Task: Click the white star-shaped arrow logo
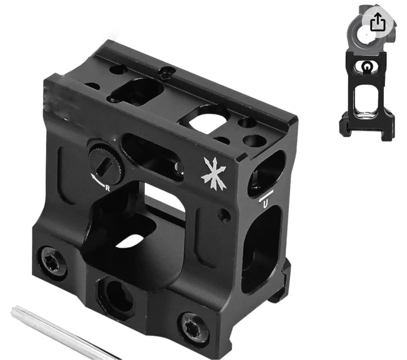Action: pyautogui.click(x=213, y=173)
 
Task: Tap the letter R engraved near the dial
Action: pyautogui.click(x=107, y=188)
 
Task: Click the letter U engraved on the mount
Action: pyautogui.click(x=265, y=205)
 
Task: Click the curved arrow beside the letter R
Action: pyautogui.click(x=97, y=180)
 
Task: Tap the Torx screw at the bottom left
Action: pyautogui.click(x=52, y=263)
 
